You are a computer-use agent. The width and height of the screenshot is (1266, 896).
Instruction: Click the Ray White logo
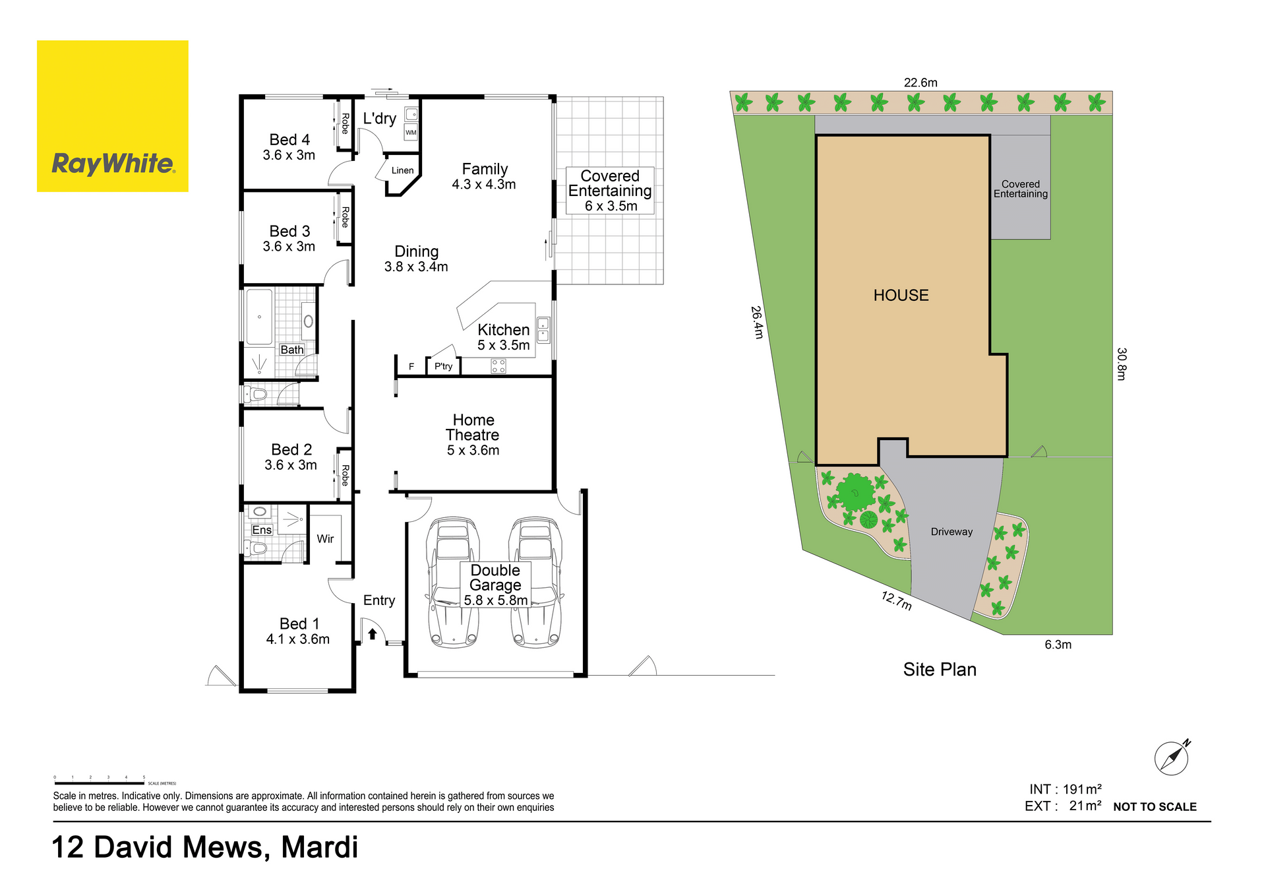pos(113,116)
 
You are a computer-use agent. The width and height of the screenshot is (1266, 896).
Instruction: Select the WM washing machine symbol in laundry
pos(411,132)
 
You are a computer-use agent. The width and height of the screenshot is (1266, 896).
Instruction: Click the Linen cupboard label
pos(403,170)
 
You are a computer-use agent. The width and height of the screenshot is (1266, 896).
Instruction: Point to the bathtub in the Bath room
pos(259,317)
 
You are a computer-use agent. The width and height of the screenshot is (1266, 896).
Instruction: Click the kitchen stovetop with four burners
pos(498,366)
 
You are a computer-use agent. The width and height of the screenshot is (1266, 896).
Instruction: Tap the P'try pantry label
pos(444,366)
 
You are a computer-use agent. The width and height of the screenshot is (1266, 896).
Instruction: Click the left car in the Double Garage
pos(453,582)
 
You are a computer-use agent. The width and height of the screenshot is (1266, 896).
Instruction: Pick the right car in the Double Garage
pos(536,582)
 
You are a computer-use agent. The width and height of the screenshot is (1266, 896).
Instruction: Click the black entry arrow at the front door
pos(373,634)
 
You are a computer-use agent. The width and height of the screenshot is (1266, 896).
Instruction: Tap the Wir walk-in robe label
pos(326,539)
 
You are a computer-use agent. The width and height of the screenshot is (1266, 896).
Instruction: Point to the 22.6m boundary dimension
pos(920,82)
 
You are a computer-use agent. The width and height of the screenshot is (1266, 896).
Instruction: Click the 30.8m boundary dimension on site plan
pos(1122,364)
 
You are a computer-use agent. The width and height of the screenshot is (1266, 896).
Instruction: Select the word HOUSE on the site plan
pos(901,295)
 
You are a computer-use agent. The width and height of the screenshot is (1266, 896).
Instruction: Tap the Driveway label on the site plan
pos(951,532)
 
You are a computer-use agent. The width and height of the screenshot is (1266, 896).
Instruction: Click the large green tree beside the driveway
pos(855,492)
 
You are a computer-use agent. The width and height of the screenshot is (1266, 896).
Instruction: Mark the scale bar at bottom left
pos(99,783)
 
